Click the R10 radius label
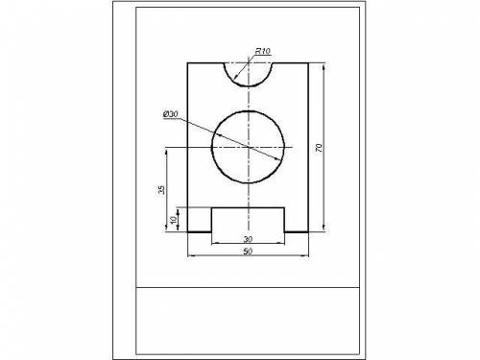(262, 51)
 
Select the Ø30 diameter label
(171, 114)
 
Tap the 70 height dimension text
(319, 148)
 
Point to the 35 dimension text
(162, 190)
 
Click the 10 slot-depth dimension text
(173, 220)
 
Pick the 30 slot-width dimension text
(248, 239)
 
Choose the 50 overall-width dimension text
(248, 252)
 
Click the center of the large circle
(249, 147)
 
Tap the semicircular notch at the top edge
(249, 85)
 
